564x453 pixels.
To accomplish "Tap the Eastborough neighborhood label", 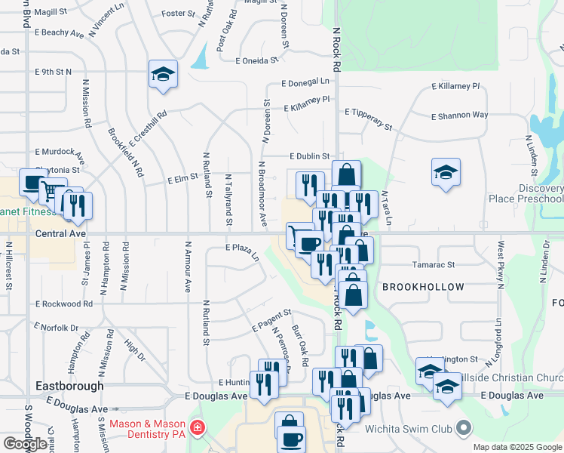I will tap(69, 386).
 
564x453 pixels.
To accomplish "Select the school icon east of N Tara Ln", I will tap(445, 172).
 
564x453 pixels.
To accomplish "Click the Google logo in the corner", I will tap(25, 444).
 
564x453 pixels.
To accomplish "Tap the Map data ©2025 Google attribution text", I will tap(517, 447).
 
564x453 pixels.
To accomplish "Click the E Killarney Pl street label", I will tap(455, 87).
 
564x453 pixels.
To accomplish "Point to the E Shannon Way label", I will tap(459, 116).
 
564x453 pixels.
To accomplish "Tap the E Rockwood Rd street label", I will tap(63, 304).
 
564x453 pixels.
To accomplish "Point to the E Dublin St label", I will tap(310, 156).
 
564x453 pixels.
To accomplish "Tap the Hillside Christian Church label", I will tap(512, 377).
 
